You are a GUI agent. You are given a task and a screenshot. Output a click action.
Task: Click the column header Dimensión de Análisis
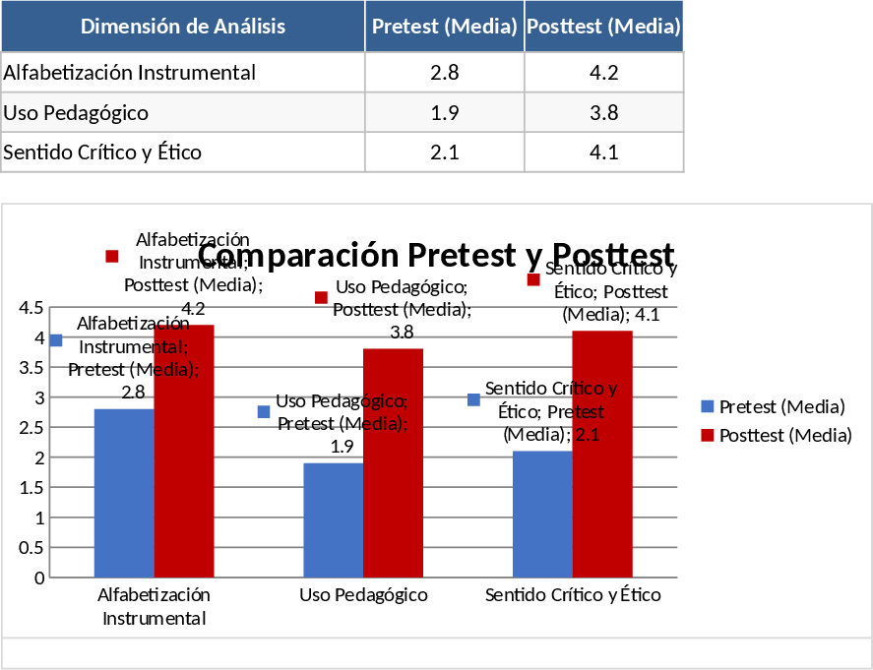183,27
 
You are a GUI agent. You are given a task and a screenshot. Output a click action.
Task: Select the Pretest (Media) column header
445,27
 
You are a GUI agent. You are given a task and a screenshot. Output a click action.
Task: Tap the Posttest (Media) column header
603,27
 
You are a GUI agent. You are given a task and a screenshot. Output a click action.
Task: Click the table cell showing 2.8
445,72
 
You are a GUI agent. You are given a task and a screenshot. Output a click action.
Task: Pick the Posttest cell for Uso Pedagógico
603,112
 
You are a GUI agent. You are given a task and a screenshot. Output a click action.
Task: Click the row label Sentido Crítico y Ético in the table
102,152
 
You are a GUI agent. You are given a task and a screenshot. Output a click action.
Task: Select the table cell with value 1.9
445,112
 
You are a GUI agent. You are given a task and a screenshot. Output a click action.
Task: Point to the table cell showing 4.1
603,152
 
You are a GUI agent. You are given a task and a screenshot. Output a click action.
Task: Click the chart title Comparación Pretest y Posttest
436,254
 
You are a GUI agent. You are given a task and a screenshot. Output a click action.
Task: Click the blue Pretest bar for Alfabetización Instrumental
124,492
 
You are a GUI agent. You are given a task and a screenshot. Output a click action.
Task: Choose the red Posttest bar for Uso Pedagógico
394,462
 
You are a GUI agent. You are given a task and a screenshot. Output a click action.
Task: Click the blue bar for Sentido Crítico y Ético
542,514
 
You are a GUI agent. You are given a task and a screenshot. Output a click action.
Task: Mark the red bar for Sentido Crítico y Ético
602,454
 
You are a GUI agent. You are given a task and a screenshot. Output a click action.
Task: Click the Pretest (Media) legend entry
773,406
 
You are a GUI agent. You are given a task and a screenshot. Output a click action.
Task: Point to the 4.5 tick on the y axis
31,308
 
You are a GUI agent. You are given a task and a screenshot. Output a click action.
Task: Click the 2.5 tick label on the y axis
31,428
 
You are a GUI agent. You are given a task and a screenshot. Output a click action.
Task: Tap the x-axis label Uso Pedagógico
363,595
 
